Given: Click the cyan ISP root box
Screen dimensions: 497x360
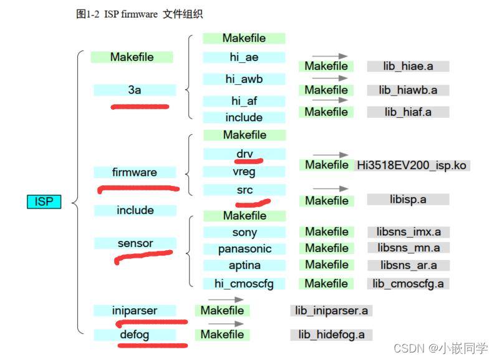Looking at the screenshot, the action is pos(44,202).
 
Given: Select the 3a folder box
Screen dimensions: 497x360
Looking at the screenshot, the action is pos(135,90).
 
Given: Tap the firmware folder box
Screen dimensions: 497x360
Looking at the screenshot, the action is pos(135,172).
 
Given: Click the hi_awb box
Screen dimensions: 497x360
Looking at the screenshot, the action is pos(244,79).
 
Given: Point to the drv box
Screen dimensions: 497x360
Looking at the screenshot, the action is pos(244,153).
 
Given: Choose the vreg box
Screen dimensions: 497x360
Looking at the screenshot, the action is pos(244,172).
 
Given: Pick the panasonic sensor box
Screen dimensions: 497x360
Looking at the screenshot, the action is pos(244,248).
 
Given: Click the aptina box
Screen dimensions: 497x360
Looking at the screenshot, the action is pos(244,265).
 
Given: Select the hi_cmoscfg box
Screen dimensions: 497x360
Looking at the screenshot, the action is pos(244,283).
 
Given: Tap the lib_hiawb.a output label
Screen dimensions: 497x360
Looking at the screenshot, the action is pos(408,90).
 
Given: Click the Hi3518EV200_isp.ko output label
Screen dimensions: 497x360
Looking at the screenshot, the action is pos(412,165).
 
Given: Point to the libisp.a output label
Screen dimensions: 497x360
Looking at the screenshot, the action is pos(408,200).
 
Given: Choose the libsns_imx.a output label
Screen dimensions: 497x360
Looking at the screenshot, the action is pos(408,232).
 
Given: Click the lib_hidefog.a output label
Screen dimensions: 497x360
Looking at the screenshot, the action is pos(331,334).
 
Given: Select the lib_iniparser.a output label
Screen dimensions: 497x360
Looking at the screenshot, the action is pos(331,310).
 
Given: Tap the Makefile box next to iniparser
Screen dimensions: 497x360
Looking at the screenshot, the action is pos(222,310).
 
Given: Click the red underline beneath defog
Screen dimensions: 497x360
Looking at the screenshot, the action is pos(153,344).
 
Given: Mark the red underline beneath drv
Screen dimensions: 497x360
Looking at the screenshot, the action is pos(244,161).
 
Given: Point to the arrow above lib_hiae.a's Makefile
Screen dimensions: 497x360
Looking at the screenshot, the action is pos(329,56).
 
